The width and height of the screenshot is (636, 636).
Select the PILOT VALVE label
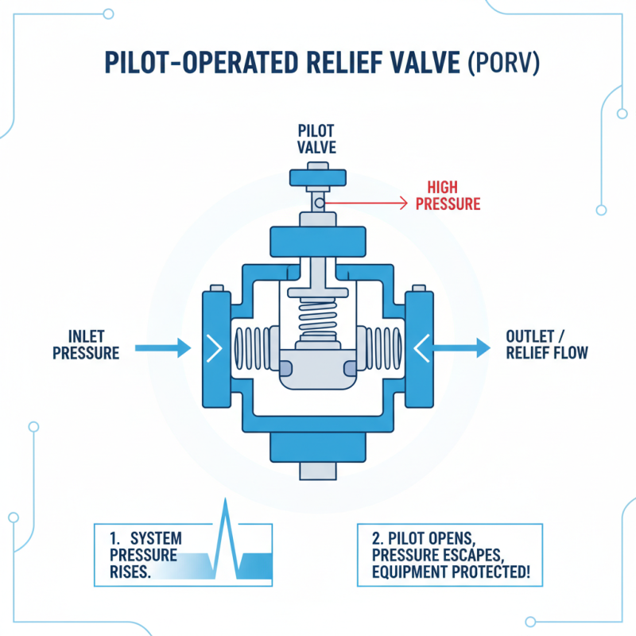(x=317, y=138)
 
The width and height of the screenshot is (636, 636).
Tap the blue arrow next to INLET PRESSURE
(x=163, y=347)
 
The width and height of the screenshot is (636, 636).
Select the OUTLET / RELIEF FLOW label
(x=547, y=343)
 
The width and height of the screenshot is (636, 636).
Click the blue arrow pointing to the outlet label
(x=461, y=347)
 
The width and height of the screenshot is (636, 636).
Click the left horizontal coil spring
(x=255, y=347)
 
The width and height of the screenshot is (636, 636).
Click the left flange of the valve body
(x=214, y=347)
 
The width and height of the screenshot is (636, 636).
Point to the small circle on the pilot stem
(x=318, y=204)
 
